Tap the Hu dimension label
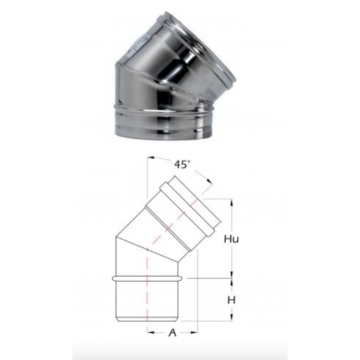(x=231, y=239)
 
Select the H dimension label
(x=231, y=300)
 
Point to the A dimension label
(x=172, y=332)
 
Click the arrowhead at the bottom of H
(x=232, y=317)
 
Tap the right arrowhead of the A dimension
(x=194, y=332)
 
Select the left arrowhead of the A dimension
(x=151, y=332)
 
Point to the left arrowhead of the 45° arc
(x=151, y=158)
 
